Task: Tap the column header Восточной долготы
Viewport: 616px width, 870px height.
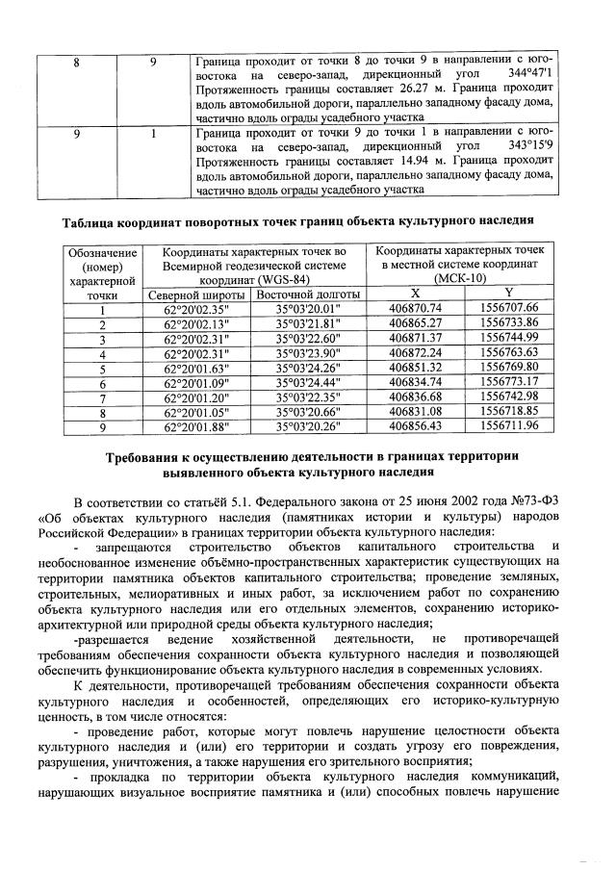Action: (x=306, y=294)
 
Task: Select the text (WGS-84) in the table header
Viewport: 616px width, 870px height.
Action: (x=277, y=279)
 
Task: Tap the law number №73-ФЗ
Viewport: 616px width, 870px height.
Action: (x=558, y=501)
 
